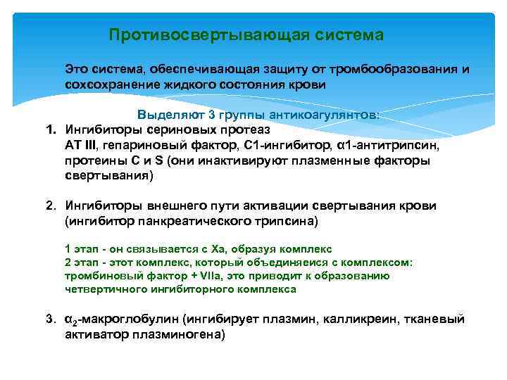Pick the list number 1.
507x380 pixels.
tap(50, 129)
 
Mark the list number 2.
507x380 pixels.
tap(50, 206)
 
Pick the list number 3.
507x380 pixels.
tap(50, 319)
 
